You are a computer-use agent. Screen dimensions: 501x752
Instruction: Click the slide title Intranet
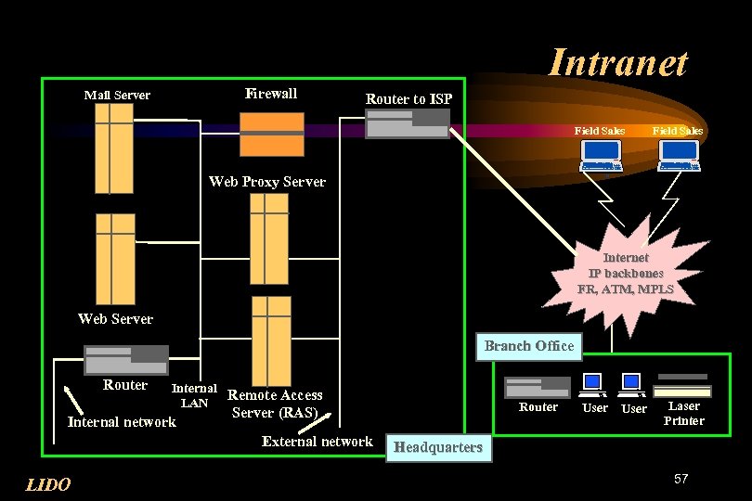617,63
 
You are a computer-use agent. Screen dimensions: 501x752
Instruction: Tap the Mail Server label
117,95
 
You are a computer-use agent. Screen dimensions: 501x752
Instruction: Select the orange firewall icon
271,135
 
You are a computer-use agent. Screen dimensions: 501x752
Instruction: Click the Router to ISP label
408,98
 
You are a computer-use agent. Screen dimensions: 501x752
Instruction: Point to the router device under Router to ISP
408,124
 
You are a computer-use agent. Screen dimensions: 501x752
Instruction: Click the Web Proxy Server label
267,182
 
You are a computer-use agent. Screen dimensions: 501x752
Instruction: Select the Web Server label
115,318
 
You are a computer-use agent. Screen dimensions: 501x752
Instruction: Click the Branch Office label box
528,346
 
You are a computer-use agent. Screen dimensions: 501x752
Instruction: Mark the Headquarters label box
438,447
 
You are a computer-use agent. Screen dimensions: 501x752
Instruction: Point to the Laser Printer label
684,413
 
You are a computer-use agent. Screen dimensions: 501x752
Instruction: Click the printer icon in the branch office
683,384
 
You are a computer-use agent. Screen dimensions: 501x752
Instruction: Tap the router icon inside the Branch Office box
537,387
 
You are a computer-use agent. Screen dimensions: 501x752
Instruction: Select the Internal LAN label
194,396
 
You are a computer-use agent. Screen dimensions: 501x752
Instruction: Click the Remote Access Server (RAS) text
275,404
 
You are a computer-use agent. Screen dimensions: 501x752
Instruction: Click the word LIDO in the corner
47,484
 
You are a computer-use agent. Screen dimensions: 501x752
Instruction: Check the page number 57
681,479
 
